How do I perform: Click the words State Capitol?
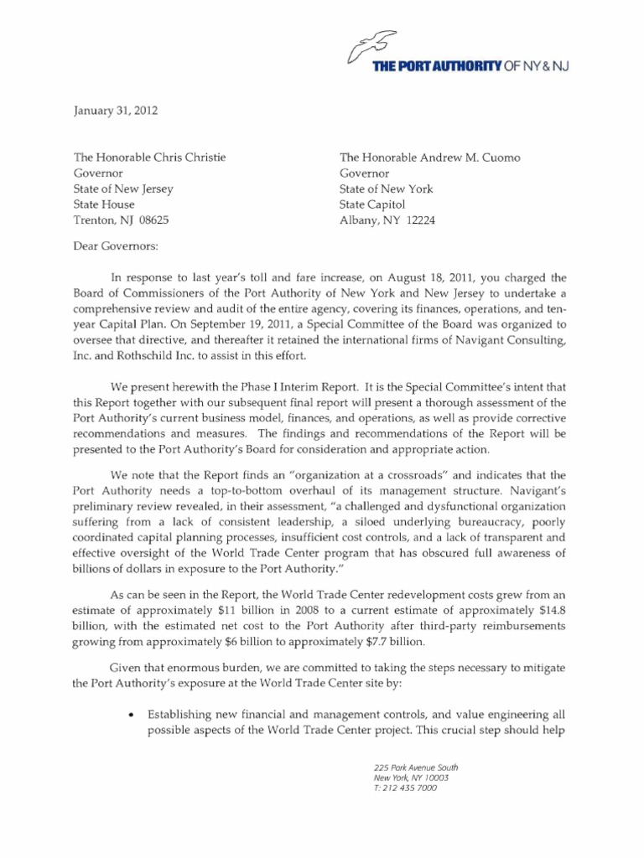point(371,204)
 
